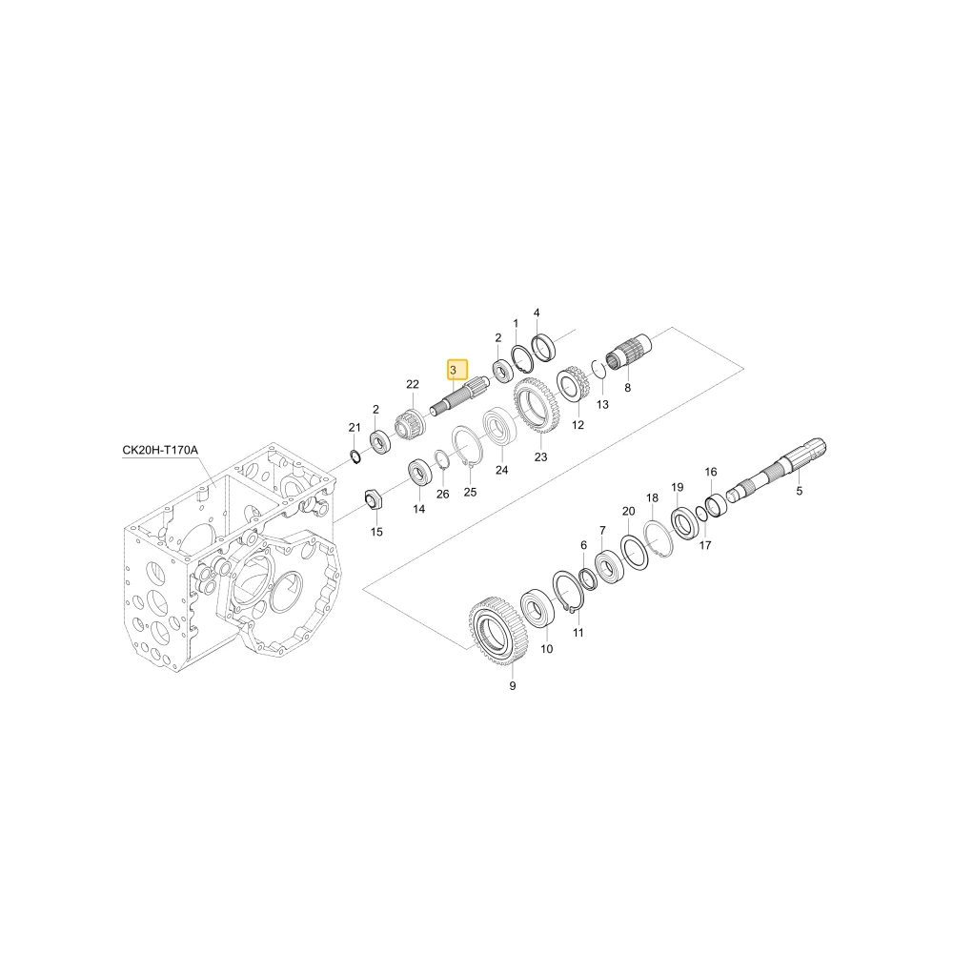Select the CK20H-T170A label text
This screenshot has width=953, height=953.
(160, 451)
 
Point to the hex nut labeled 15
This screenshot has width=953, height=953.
(372, 499)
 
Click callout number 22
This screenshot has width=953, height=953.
(413, 384)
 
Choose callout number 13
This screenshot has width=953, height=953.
(602, 405)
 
